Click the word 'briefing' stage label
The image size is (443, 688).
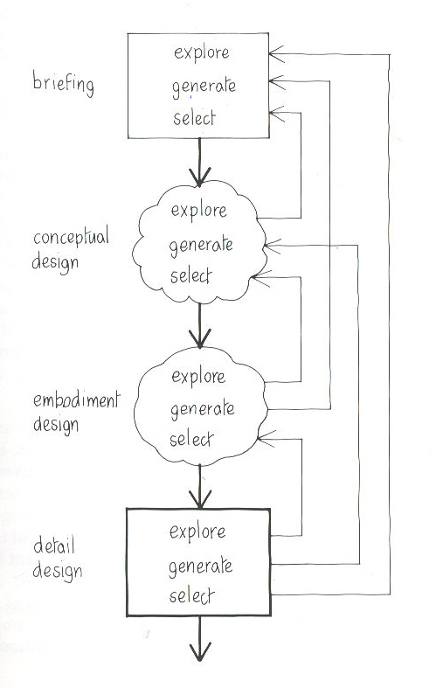tap(63, 83)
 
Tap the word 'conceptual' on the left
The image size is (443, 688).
tap(71, 238)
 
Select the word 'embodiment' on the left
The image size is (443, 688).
tap(76, 400)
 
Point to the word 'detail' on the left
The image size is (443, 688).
tap(54, 546)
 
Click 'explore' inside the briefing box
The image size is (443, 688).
tap(201, 53)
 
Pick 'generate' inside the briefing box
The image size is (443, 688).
tap(204, 87)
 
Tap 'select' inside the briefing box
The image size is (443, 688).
tap(194, 118)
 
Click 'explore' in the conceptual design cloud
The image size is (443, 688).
tap(198, 211)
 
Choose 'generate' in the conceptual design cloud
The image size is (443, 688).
tap(201, 246)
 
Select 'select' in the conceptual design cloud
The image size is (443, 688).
tap(190, 276)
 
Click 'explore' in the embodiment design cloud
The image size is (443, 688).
tap(198, 377)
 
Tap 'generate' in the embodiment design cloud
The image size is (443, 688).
tap(202, 410)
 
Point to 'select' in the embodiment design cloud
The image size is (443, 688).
tap(191, 439)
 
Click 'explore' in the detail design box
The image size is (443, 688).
tap(197, 532)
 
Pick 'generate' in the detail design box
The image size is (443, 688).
tap(200, 566)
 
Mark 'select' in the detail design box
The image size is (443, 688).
tap(191, 596)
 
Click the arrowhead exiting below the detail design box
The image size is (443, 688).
tap(200, 652)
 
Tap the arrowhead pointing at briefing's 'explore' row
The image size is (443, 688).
tap(276, 53)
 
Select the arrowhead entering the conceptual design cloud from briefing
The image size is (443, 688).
tap(200, 177)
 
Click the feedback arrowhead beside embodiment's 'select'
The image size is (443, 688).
tap(266, 439)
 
